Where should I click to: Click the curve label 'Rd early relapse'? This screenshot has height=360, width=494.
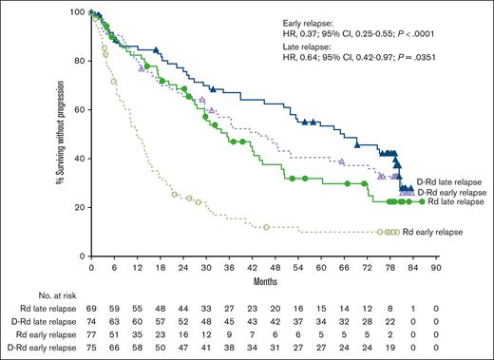point(433,232)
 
